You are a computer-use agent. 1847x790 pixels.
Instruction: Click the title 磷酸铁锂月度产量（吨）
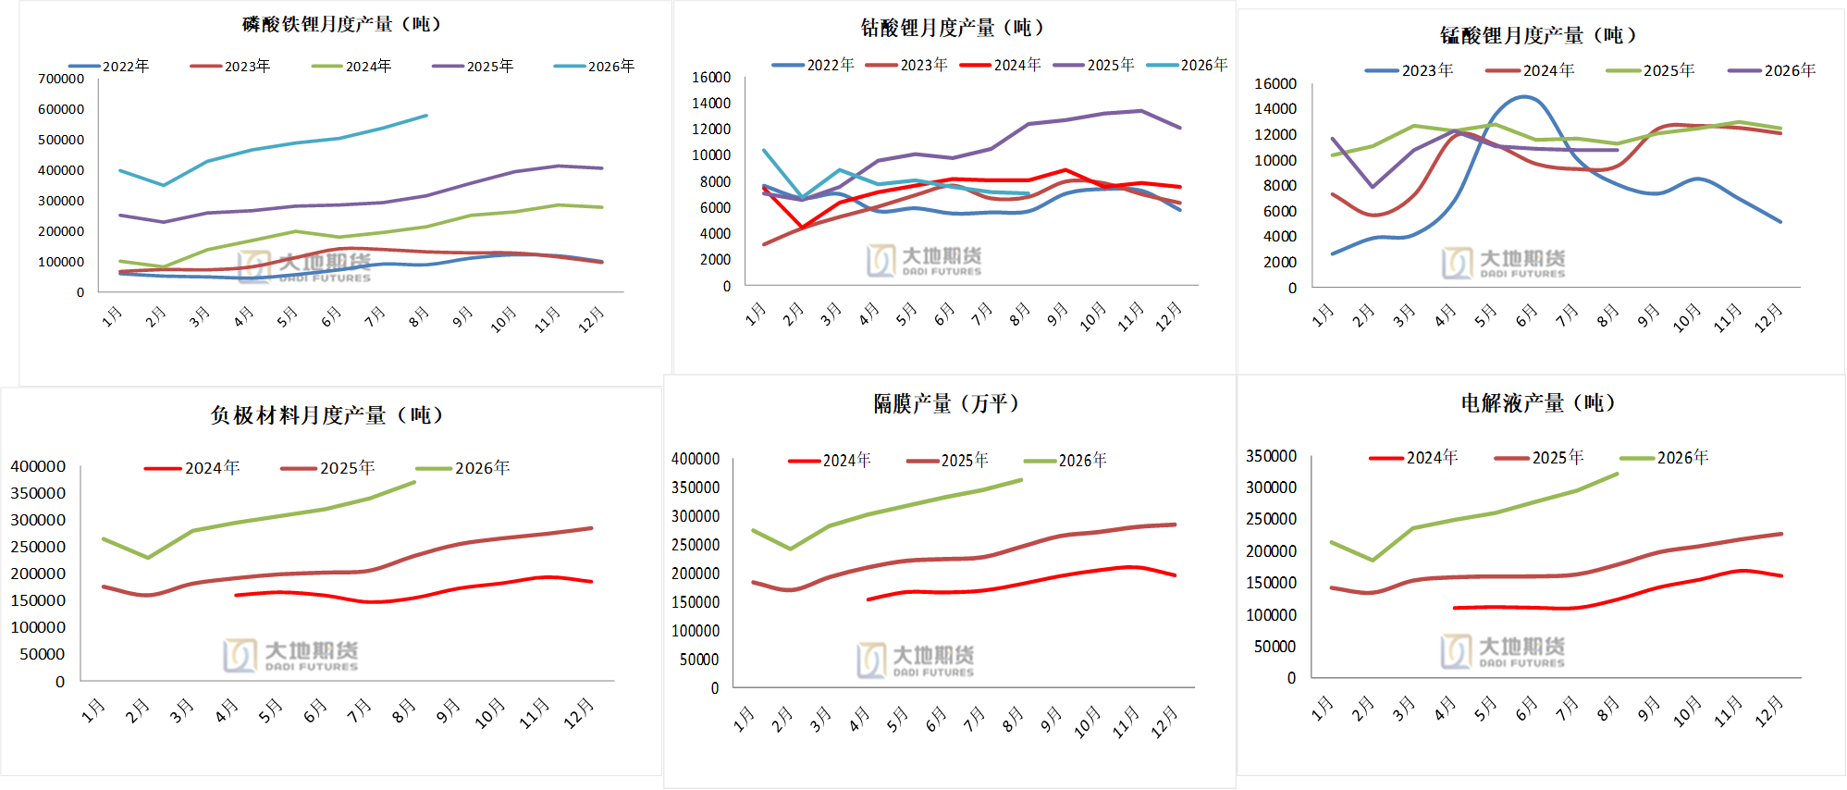(x=341, y=24)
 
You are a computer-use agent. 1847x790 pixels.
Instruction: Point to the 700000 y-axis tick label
(x=61, y=79)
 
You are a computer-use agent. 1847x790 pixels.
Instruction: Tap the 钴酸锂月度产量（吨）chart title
(x=953, y=28)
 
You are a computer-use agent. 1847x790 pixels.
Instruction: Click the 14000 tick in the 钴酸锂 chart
(x=711, y=103)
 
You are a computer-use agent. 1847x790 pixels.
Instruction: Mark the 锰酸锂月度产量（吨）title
(x=1538, y=35)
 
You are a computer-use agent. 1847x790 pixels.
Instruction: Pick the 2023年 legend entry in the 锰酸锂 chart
(x=1410, y=70)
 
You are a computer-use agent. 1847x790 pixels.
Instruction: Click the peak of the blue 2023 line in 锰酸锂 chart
(x=1523, y=96)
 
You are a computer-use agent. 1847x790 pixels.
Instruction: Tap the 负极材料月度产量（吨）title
(x=326, y=415)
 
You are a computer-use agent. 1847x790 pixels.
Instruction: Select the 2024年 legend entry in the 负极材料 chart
(x=192, y=468)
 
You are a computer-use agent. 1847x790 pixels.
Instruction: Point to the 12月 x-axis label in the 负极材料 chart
(x=580, y=713)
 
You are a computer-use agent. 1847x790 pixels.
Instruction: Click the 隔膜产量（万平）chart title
(x=946, y=403)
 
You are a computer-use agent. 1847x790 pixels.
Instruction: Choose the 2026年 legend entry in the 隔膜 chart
(x=1065, y=461)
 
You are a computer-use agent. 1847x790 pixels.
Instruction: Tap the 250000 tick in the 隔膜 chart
(x=696, y=545)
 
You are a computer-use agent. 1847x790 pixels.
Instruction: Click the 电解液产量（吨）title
(x=1538, y=403)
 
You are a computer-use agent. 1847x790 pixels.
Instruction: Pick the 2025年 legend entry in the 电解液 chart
(x=1539, y=458)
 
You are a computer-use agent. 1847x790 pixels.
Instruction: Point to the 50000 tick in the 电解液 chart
(x=1275, y=647)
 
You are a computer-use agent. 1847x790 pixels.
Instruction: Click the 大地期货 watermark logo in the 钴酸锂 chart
(x=924, y=260)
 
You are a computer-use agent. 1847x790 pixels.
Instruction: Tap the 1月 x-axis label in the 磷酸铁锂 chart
(x=112, y=316)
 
